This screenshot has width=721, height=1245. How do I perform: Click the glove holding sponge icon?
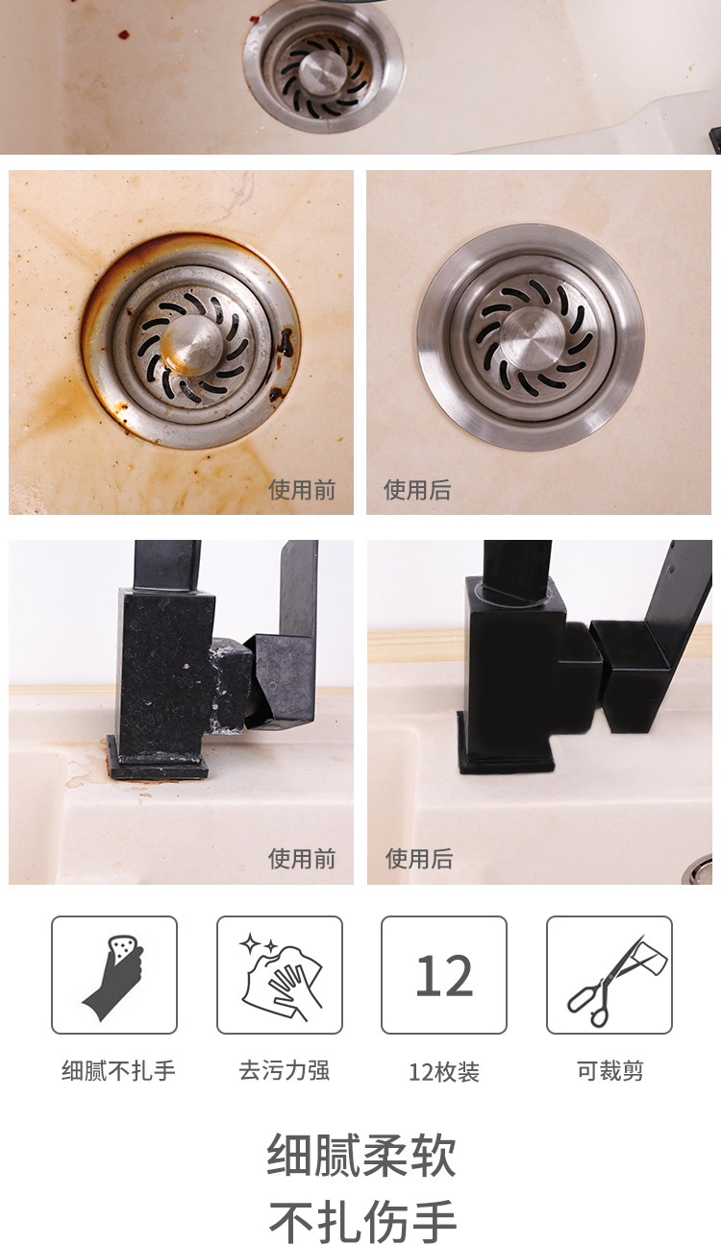pos(114,975)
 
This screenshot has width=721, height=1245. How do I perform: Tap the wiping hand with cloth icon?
pos(280,975)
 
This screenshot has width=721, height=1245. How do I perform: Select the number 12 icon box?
pos(444,975)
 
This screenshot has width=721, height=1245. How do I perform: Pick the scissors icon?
pos(609,975)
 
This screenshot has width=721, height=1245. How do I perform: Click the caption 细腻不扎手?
pos(118,1071)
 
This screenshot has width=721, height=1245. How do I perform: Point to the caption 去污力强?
pos(285,1071)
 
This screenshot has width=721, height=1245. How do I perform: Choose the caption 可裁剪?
pos(610,1071)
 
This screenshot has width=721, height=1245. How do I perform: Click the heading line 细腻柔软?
pos(361,1156)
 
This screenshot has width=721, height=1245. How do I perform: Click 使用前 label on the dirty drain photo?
pos(302,490)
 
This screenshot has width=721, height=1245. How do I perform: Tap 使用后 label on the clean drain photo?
pos(417,490)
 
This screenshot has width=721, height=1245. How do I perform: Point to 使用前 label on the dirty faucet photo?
pos(302,859)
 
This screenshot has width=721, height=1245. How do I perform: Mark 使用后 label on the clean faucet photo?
pos(419,859)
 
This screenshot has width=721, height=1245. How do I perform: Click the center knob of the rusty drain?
pos(191,344)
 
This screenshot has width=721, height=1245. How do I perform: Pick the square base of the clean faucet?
pos(507,759)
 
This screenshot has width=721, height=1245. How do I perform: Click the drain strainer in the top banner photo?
pos(323,68)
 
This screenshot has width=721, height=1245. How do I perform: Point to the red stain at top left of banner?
pos(123,35)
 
